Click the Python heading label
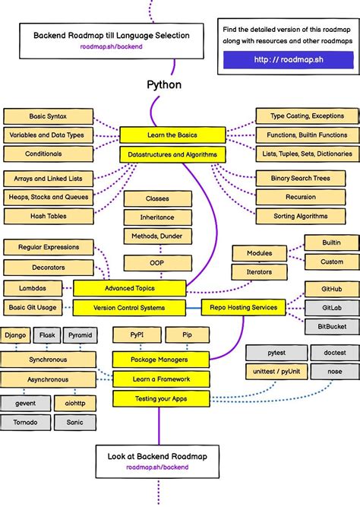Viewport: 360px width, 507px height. click(163, 84)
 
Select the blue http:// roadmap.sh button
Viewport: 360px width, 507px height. click(288, 60)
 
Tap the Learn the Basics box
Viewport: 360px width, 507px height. click(172, 135)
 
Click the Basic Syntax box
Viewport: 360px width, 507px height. click(48, 116)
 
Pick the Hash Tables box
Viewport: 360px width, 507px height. click(48, 216)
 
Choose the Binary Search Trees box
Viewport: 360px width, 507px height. click(301, 178)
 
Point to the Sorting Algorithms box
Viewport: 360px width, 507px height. click(301, 216)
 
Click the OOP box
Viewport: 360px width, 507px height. click(156, 262)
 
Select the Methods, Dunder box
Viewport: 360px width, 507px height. click(156, 236)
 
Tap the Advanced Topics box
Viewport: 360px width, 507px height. click(129, 289)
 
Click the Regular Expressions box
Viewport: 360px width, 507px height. click(48, 248)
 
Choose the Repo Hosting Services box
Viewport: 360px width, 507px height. click(244, 308)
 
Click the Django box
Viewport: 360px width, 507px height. click(16, 335)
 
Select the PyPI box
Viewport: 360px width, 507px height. click(134, 335)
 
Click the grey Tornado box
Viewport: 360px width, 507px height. click(24, 422)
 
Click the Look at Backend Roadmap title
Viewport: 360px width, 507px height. click(156, 456)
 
